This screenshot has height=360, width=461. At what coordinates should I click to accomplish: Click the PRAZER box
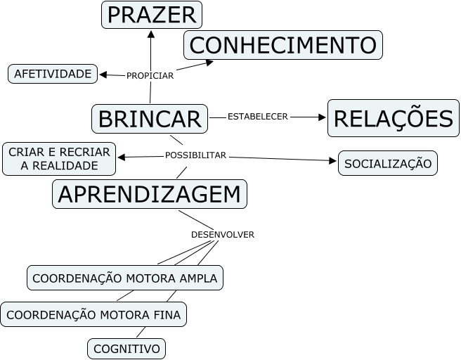[152, 15]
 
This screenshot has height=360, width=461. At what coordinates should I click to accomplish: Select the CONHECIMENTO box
[283, 45]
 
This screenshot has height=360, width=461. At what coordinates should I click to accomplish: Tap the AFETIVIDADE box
[53, 73]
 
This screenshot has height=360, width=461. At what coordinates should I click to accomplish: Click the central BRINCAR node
[150, 118]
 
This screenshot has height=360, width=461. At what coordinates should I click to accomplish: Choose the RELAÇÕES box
[393, 118]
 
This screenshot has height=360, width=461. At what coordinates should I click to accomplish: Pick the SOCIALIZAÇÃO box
[387, 163]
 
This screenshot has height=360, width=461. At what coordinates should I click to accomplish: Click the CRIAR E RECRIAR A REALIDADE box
[59, 159]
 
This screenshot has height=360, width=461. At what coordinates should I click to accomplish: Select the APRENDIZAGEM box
[150, 194]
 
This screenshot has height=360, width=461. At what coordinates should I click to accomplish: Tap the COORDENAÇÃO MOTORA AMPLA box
[125, 277]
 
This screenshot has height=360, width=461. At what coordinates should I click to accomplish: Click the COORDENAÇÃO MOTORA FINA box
[93, 314]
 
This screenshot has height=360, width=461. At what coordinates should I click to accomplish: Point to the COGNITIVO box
[126, 348]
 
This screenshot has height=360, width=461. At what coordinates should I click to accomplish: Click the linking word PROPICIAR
[150, 75]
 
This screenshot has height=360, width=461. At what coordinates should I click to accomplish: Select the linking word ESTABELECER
[258, 117]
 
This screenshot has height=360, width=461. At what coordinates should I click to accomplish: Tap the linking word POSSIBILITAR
[195, 155]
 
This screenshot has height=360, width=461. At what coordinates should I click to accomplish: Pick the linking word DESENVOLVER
[222, 234]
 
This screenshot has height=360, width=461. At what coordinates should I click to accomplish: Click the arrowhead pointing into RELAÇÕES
[323, 117]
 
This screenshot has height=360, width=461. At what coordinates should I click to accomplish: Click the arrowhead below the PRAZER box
[150, 34]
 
